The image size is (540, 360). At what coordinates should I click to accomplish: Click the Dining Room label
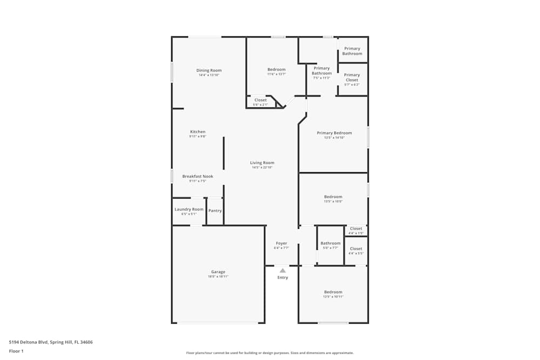coord(209,70)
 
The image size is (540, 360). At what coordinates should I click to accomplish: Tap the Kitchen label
coord(198,132)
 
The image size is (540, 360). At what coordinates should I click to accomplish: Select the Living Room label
coord(262,162)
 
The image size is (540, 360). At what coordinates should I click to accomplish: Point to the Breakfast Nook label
coord(198,176)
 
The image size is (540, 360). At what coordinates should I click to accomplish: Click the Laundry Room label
coord(189,209)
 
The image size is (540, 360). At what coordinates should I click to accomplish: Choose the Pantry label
coord(215,210)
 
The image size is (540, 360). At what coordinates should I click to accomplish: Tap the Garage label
coord(218,271)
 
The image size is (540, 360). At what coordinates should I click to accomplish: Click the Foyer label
coord(281,243)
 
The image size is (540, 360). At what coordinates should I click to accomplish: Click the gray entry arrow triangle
coord(282,270)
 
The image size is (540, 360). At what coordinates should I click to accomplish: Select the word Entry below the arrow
coord(282,277)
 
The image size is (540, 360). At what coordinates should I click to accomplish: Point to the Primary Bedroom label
coord(334,133)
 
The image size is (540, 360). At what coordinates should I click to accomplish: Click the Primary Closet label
coord(352,77)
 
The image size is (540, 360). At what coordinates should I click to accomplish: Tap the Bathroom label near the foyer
coord(330,243)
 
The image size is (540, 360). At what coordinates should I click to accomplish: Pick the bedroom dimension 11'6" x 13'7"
coord(276,74)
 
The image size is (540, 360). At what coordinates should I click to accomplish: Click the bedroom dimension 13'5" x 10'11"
coord(333,297)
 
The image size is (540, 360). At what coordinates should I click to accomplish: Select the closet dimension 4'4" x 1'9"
coord(356,233)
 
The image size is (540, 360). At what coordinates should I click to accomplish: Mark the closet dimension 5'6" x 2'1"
coord(260,105)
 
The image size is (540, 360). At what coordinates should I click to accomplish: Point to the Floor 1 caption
coord(16,351)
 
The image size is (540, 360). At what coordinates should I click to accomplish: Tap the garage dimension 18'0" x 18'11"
coord(218,276)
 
